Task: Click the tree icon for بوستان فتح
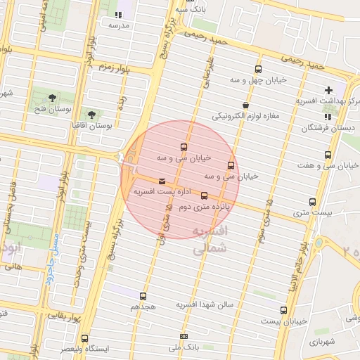[53, 97]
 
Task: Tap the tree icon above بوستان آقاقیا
[91, 113]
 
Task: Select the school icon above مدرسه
[118, 13]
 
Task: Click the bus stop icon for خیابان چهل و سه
[258, 69]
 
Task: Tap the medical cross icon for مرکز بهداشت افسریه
[328, 90]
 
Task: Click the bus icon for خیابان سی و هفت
[328, 155]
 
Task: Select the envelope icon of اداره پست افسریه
[163, 181]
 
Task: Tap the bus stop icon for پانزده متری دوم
[205, 195]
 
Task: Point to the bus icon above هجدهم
[143, 296]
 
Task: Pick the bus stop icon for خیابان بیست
[284, 310]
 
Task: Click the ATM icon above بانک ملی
[184, 337]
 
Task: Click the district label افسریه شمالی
[210, 240]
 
